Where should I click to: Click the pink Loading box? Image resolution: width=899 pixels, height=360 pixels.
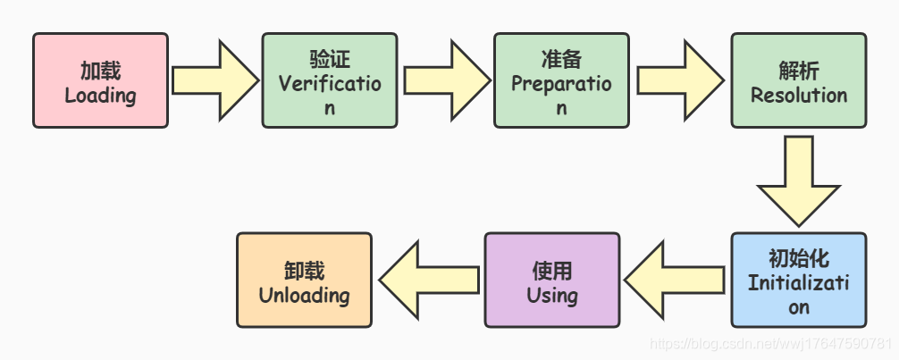click(100, 80)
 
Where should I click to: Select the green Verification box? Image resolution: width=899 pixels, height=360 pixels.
click(329, 80)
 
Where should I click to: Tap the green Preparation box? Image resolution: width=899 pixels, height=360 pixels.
click(560, 80)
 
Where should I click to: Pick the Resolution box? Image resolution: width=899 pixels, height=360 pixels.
click(798, 80)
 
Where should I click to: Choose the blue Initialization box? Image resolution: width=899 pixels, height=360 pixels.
click(798, 280)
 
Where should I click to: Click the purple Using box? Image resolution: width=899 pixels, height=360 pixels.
click(551, 280)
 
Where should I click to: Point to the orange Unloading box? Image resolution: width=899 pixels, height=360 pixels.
click(304, 280)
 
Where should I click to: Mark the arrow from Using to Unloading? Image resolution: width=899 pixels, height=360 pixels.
click(427, 279)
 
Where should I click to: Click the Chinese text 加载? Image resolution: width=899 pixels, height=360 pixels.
click(100, 71)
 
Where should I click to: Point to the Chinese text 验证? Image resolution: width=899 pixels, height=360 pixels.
click(330, 60)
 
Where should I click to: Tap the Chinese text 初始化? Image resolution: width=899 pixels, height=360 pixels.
click(798, 259)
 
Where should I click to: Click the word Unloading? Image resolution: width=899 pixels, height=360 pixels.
click(304, 295)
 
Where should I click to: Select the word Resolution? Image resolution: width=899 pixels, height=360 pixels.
click(798, 95)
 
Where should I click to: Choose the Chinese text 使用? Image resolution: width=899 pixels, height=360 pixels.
click(551, 270)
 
